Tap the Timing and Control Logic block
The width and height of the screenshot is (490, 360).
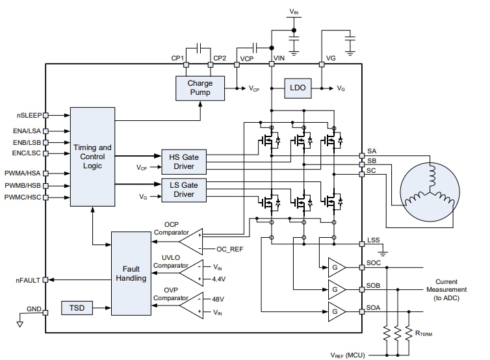[x=92, y=157]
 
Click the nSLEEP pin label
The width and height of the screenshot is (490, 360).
[x=29, y=115]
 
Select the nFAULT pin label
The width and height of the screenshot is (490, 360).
[x=29, y=280]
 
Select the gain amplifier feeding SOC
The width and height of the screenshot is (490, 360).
[x=337, y=267]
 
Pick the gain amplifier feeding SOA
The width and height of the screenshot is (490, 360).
[x=337, y=311]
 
